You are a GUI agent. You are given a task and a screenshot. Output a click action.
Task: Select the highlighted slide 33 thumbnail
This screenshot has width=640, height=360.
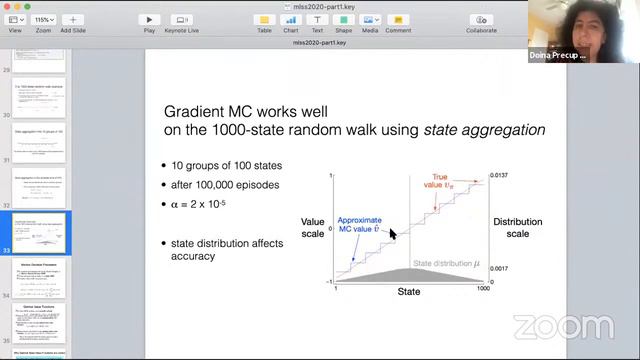coord(39,232)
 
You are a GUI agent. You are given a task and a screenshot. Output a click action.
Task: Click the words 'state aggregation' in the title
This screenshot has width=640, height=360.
coord(484,130)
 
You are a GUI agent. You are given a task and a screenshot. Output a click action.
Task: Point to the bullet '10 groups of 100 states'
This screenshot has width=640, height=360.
coord(227,165)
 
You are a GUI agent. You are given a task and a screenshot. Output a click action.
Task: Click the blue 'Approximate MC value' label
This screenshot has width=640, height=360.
coord(359,224)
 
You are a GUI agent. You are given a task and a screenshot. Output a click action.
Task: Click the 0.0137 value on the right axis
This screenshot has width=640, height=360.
coord(500,175)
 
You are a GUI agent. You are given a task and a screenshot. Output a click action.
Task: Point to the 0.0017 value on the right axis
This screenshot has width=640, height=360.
coord(500,269)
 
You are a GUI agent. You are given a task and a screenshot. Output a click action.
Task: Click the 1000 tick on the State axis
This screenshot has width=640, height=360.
coord(483,289)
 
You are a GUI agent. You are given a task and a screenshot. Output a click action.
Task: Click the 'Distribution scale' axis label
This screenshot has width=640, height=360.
coord(517,228)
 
